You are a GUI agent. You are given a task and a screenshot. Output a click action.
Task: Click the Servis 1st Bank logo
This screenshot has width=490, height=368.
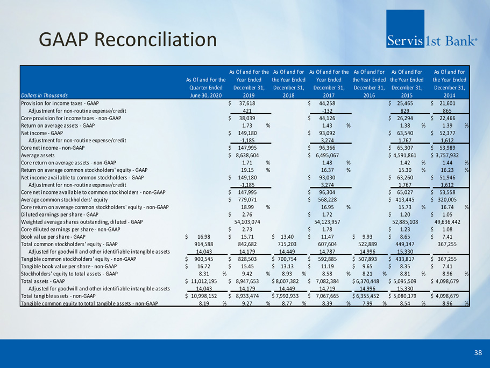[431, 29]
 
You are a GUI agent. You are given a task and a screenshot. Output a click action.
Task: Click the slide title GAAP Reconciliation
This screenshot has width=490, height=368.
[128, 40]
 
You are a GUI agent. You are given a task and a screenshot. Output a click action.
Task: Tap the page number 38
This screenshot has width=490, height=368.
[478, 353]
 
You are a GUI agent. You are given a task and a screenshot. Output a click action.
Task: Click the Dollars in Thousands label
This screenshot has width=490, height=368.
[45, 95]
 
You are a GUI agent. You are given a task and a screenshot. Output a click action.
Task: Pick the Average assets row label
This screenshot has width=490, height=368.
[38, 155]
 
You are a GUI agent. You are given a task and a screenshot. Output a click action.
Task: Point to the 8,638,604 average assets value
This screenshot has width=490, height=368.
[247, 155]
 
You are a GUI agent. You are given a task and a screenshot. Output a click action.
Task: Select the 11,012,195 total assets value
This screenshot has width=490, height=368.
[204, 281]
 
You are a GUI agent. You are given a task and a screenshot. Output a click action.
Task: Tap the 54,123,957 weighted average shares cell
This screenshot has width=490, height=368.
[327, 222]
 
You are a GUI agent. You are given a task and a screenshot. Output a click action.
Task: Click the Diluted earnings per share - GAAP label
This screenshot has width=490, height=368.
[60, 214]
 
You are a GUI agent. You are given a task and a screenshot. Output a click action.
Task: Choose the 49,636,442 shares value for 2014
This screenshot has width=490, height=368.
[447, 222]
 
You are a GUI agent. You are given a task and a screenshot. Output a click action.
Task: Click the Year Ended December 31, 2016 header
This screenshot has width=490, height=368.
[369, 84]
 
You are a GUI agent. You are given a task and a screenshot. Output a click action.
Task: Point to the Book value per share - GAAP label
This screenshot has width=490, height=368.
[53, 237]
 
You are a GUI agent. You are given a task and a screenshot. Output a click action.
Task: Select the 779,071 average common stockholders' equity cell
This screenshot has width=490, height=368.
[247, 200]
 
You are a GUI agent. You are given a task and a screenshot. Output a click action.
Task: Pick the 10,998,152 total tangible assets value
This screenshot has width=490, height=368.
[204, 296]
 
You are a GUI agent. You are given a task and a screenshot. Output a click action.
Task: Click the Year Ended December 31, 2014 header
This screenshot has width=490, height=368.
[449, 84]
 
